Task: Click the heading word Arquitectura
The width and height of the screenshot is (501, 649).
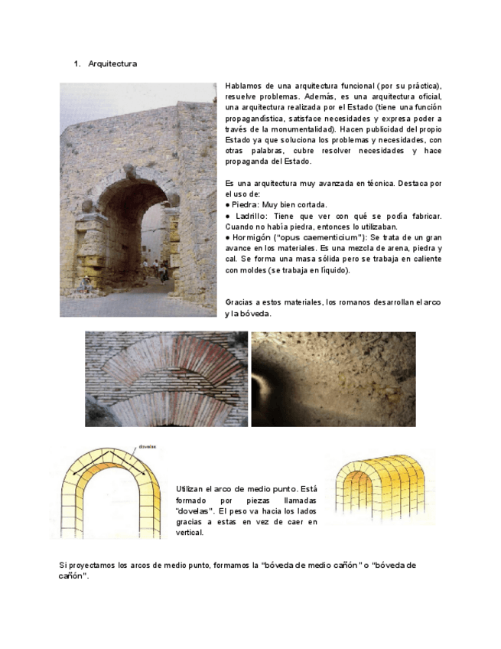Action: [112, 64]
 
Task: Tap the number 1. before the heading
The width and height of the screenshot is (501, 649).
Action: [76, 64]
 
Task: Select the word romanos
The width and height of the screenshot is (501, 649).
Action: [343, 302]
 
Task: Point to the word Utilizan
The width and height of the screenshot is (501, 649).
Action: [190, 488]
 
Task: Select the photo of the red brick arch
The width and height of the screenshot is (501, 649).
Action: [166, 378]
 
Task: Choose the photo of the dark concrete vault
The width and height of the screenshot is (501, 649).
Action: [333, 378]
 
